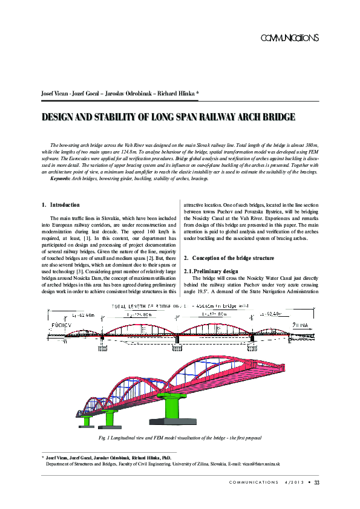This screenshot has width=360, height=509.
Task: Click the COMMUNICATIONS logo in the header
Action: [x=289, y=38]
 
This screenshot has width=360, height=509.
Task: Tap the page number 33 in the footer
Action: [x=316, y=482]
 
